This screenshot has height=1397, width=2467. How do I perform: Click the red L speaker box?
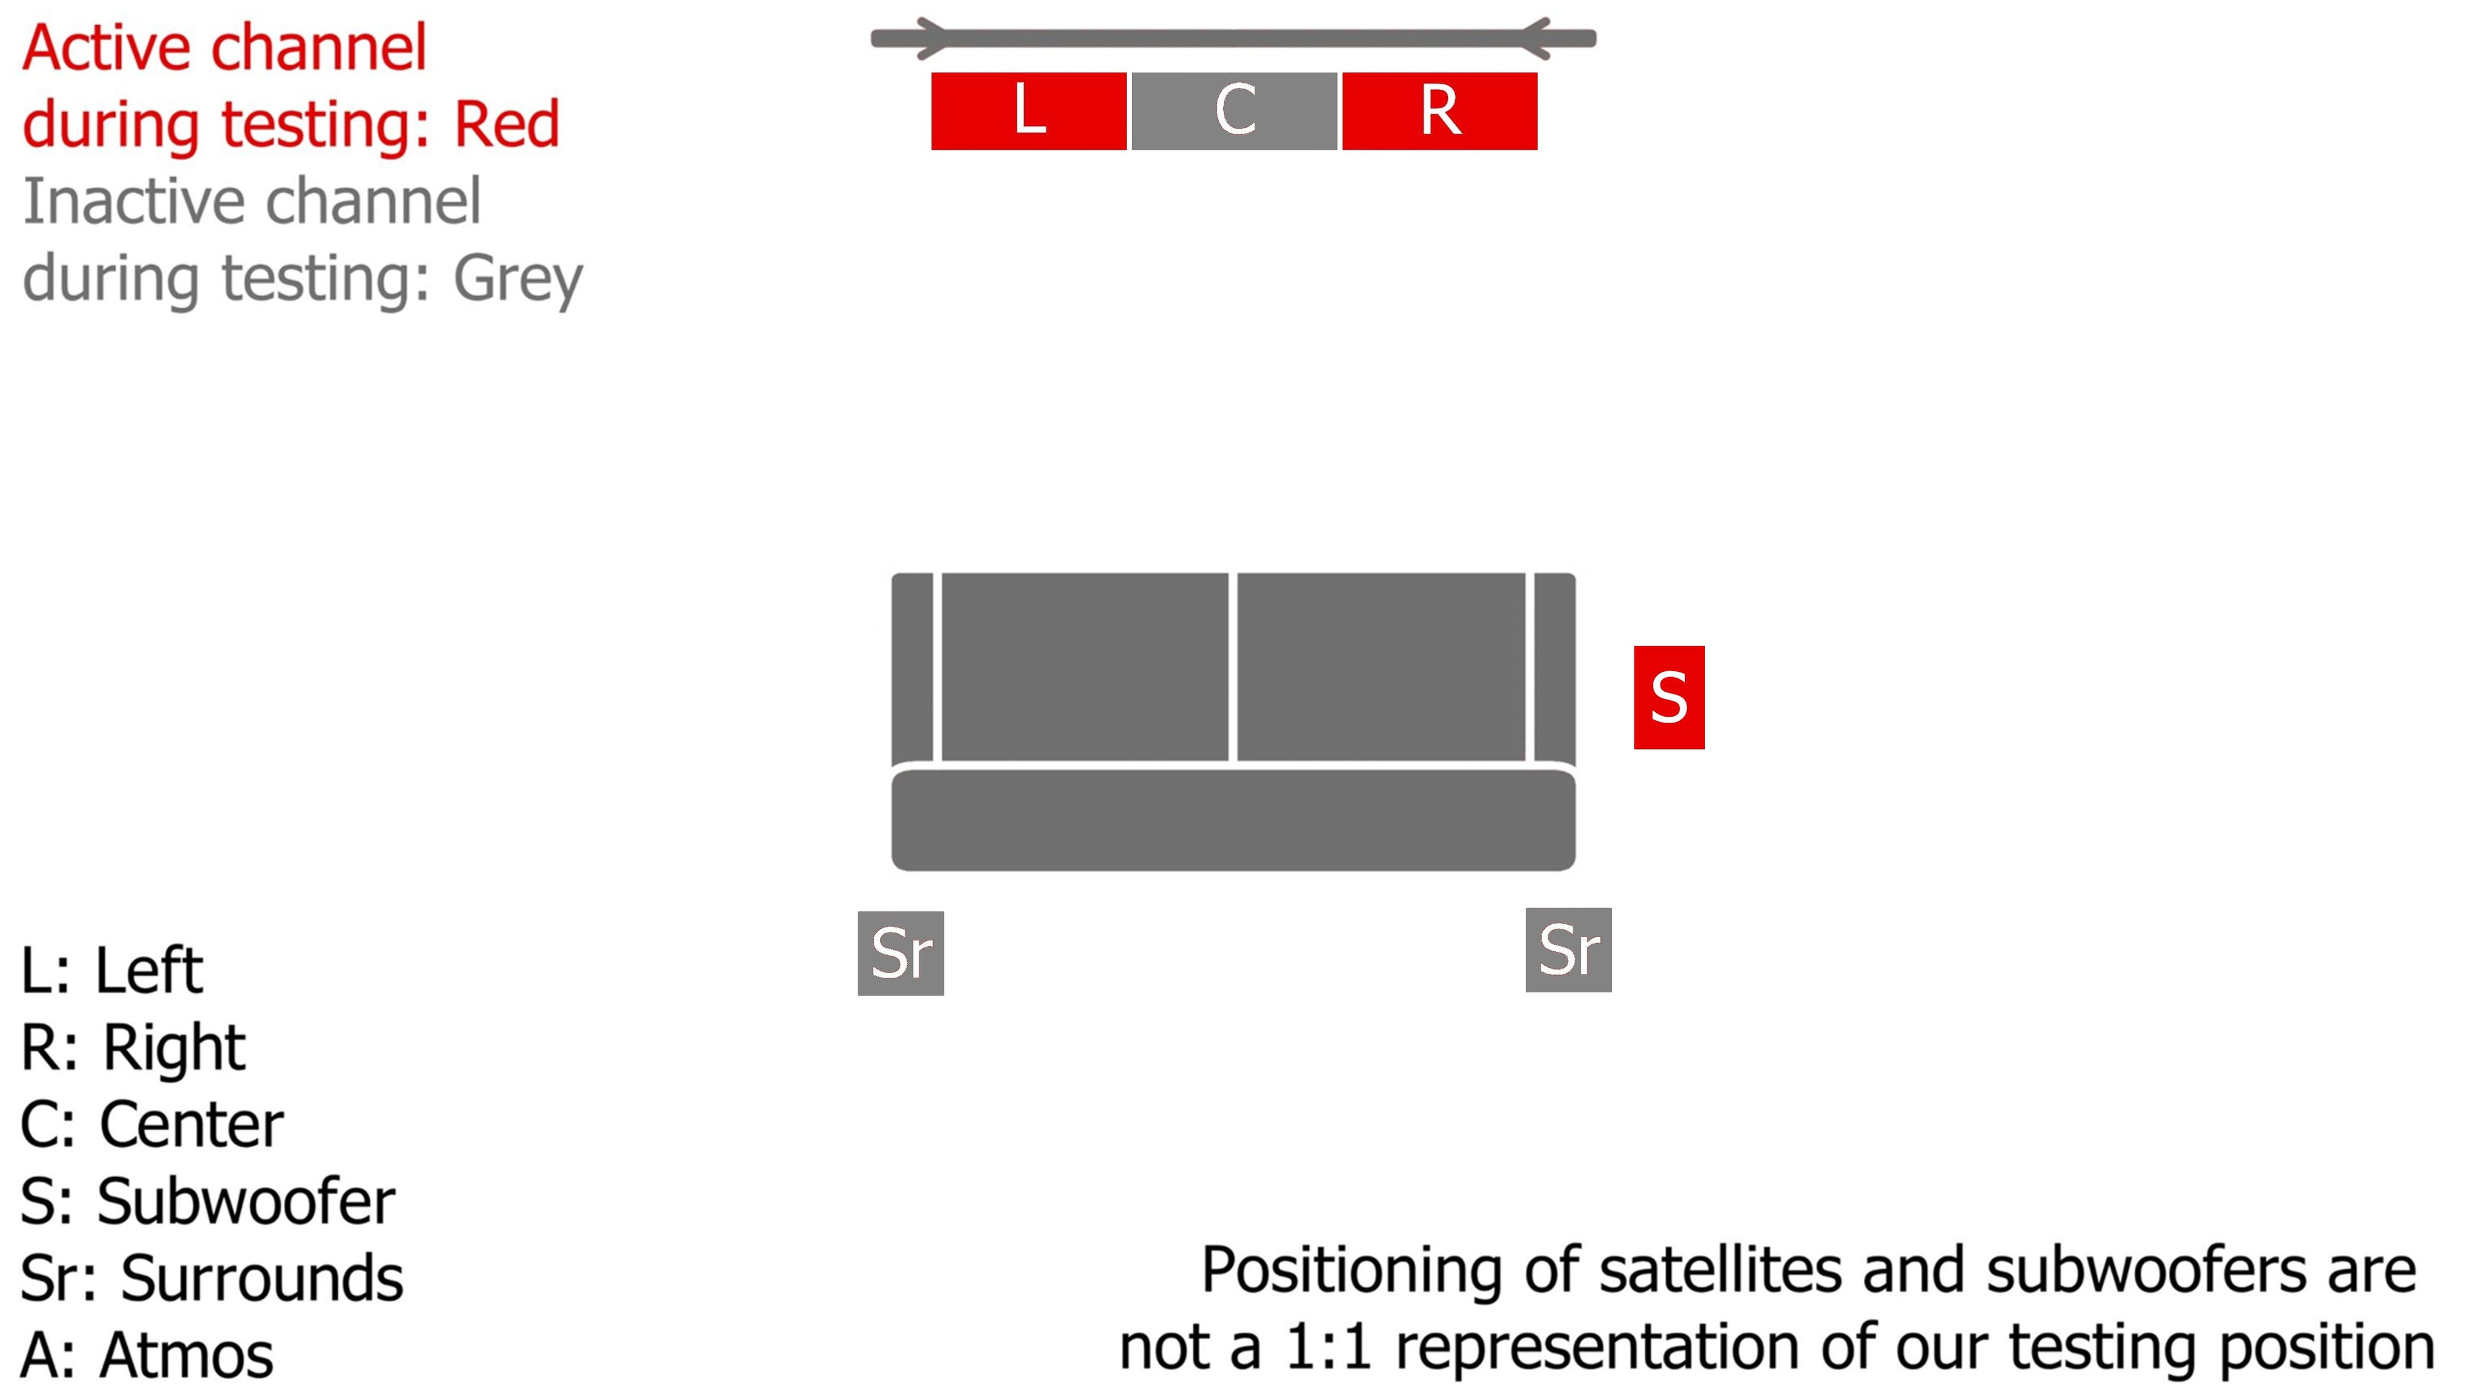coord(1028,110)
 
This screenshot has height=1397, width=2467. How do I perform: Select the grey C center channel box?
coord(1234,110)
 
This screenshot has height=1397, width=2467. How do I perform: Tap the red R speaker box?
coord(1439,110)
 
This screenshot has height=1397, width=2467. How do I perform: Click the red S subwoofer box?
coord(1668,698)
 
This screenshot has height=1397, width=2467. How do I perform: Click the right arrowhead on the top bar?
coord(1535,39)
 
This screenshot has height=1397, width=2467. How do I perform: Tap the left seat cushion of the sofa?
coord(1084,666)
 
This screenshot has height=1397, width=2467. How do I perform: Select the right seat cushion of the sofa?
coord(1381,666)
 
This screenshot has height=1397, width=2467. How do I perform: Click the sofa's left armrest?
coord(912,669)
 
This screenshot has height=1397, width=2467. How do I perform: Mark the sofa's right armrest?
coord(1555,669)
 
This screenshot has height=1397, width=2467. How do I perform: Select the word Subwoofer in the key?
coord(245,1201)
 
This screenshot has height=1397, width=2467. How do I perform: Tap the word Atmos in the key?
coord(186,1355)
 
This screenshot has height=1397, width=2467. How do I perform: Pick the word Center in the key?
coord(191,1125)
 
